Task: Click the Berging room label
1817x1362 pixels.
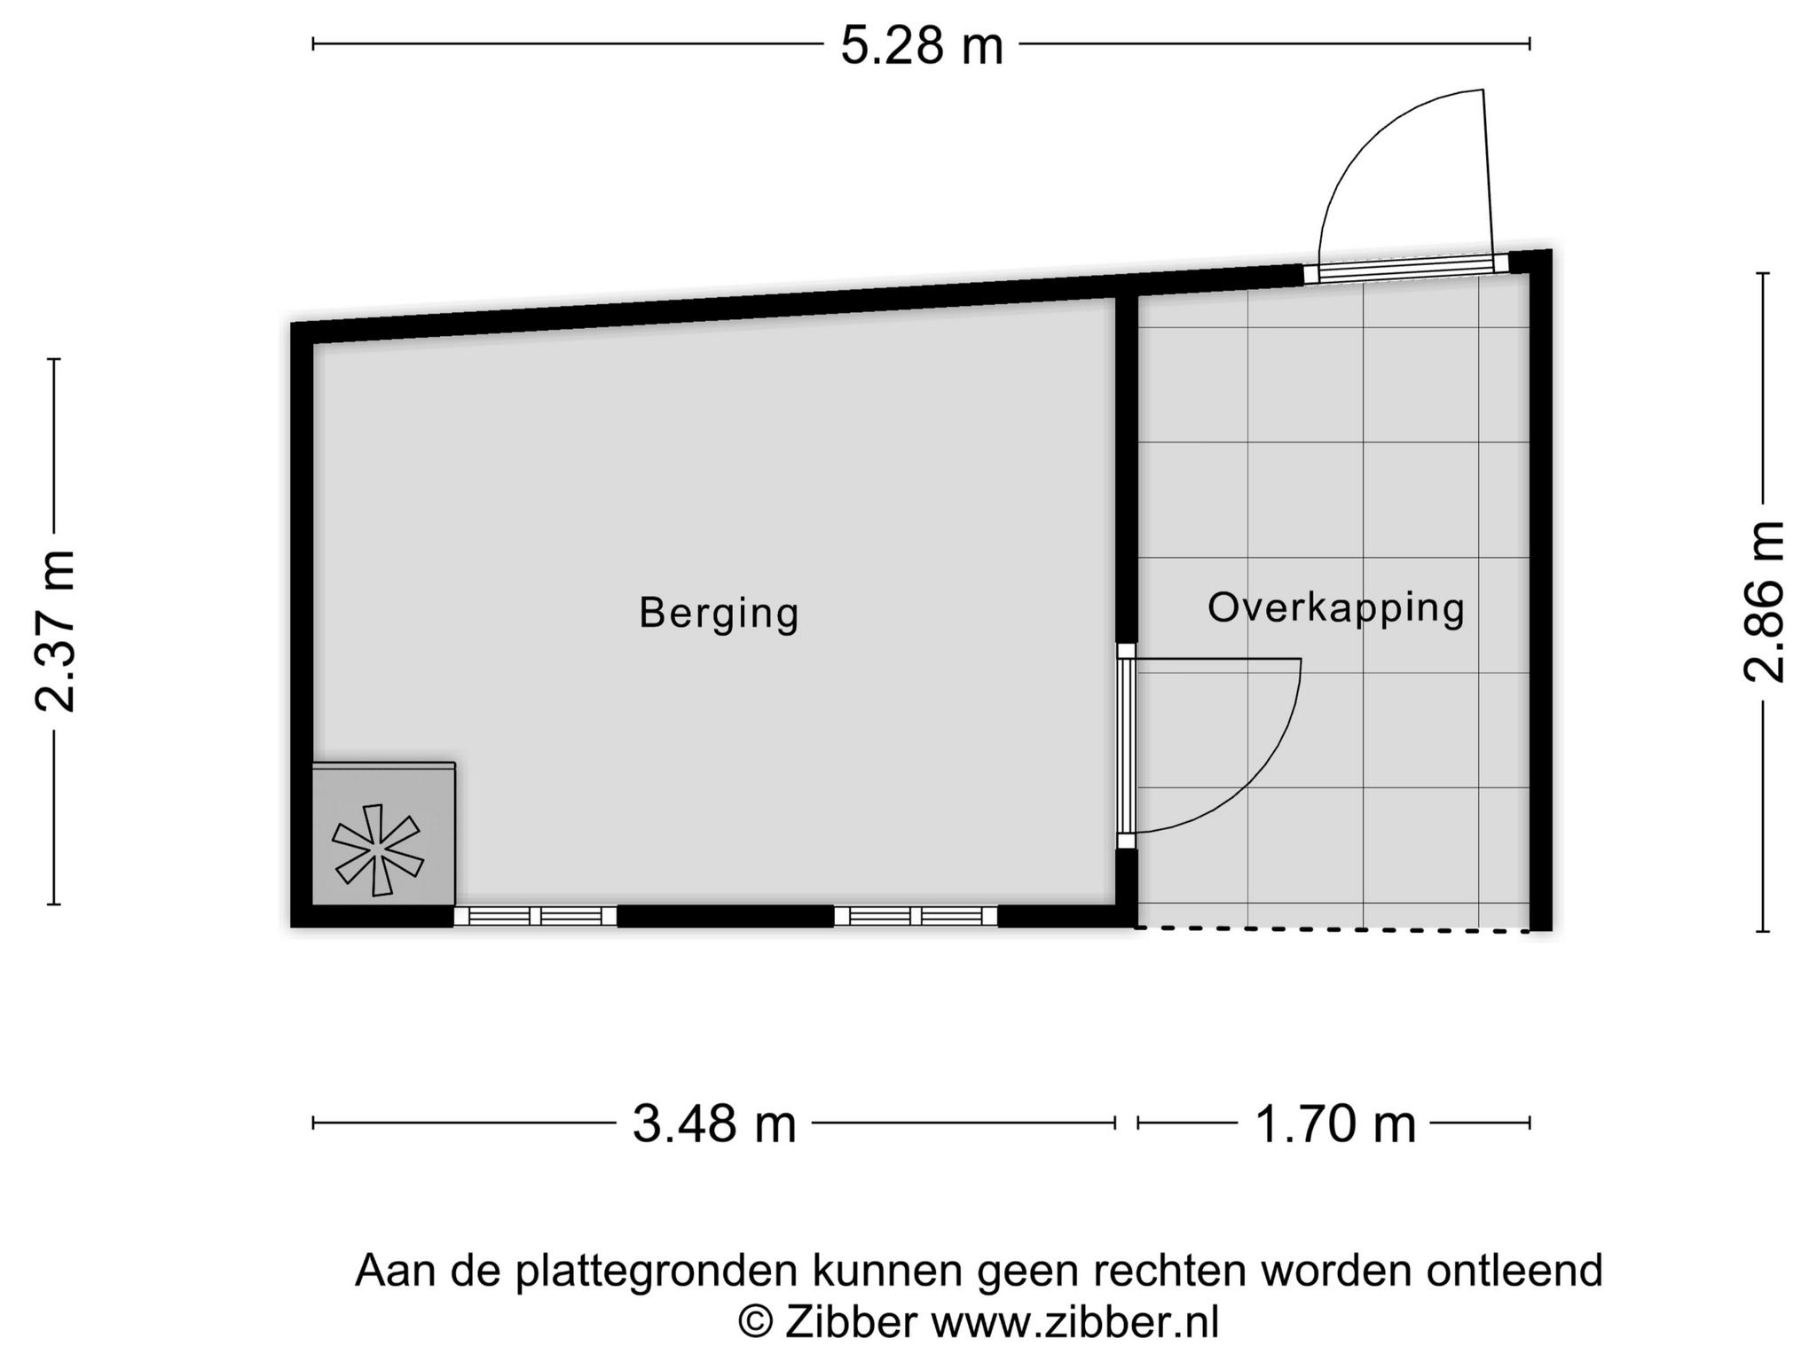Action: (719, 614)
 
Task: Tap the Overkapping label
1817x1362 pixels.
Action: (1335, 609)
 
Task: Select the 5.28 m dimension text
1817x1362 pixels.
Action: (922, 46)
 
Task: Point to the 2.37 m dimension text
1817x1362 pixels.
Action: (55, 631)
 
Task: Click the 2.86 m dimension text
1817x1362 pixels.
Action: (1764, 601)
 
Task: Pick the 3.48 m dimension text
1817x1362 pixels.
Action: (714, 1123)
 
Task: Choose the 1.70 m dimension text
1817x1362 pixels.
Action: (1334, 1123)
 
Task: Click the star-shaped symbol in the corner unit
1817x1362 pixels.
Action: (377, 849)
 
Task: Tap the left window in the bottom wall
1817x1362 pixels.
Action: (535, 916)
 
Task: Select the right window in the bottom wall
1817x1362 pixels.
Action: (916, 916)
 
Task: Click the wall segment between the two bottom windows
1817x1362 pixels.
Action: (726, 916)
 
